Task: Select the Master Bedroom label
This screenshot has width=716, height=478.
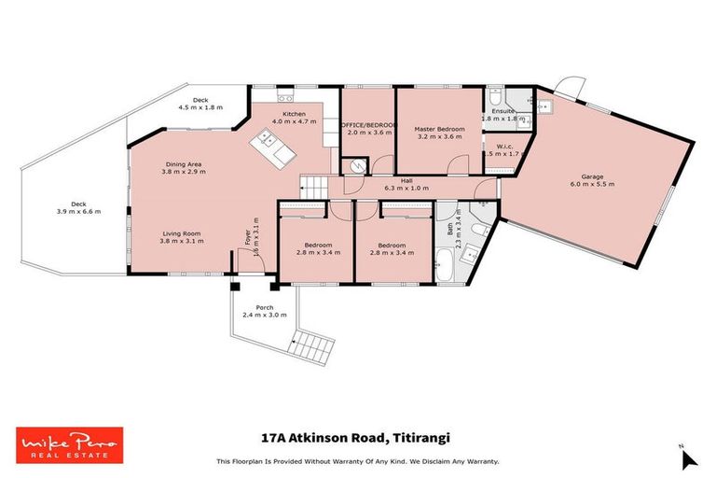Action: pyautogui.click(x=438, y=127)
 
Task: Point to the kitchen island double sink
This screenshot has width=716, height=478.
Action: pyautogui.click(x=268, y=141)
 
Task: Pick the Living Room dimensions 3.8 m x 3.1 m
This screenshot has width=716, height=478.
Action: pyautogui.click(x=182, y=240)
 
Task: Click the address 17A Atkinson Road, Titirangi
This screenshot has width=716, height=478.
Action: pyautogui.click(x=358, y=435)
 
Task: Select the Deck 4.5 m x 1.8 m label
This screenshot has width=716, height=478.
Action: pyautogui.click(x=200, y=104)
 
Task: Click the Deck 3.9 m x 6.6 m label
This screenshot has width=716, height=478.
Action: pyautogui.click(x=78, y=207)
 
